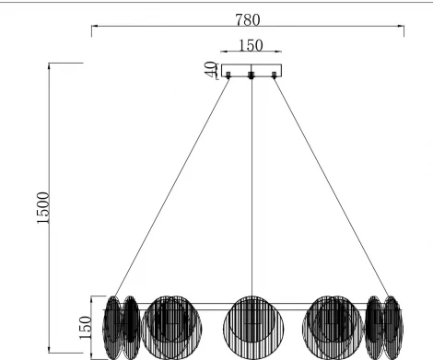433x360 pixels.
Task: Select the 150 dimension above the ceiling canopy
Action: (x=251, y=44)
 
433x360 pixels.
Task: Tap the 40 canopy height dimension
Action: (x=211, y=69)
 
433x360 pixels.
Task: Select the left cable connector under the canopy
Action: (x=228, y=76)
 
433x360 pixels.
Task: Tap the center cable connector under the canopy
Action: (x=251, y=76)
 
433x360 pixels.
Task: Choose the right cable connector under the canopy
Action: (x=274, y=76)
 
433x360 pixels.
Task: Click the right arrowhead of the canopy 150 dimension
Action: (x=280, y=54)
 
